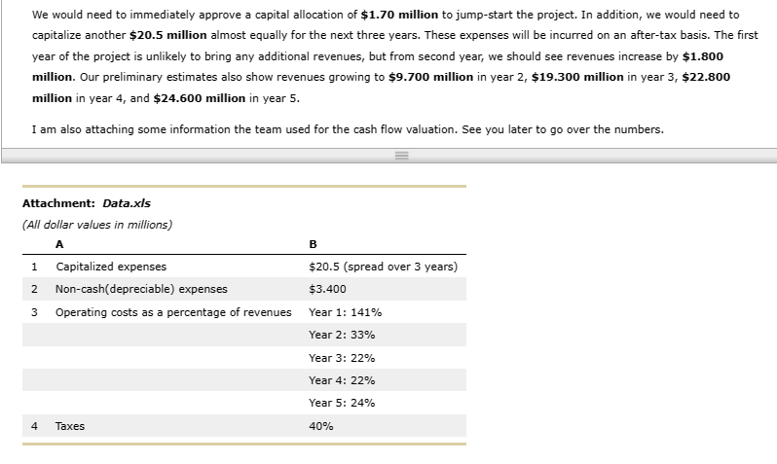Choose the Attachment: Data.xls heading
pos(86,203)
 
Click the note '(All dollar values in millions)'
pos(96,225)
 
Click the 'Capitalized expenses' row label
pos(111,267)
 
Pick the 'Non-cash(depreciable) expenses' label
pos(141,289)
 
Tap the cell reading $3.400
pos(326,289)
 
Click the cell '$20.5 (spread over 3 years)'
pos(383,267)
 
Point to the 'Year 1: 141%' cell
pos(345,312)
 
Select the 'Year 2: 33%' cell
pos(342,335)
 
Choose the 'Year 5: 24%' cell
pos(342,403)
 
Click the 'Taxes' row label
pos(70,426)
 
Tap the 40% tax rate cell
pos(320,426)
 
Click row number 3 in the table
pos(34,312)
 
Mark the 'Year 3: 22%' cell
pos(342,357)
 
